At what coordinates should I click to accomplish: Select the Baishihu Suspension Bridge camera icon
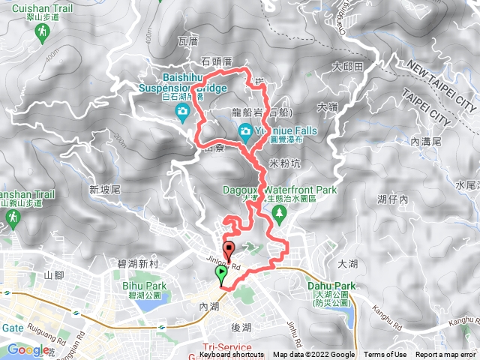[182, 113]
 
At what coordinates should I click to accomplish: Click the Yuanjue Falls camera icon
[245, 133]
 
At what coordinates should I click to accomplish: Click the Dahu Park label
[330, 286]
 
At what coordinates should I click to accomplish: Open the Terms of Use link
[385, 355]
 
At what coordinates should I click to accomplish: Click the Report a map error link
[446, 355]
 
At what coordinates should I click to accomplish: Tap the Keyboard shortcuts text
[232, 355]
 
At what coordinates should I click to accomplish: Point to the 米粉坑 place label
[284, 163]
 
